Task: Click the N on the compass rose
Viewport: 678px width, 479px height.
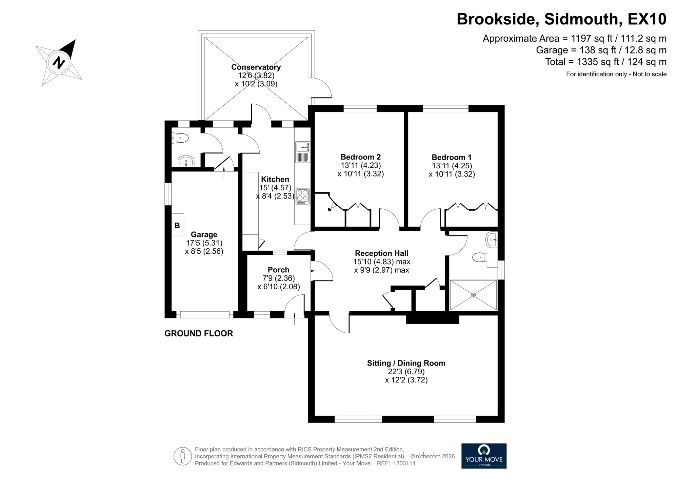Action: click(x=59, y=63)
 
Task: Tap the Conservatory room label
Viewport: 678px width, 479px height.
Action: click(x=256, y=67)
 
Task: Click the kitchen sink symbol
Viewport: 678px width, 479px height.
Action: click(x=302, y=147)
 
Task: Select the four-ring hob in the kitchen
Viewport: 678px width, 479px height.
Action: click(x=302, y=196)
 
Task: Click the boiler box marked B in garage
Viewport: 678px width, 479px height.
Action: click(x=177, y=225)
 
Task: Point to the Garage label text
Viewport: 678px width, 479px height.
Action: click(x=204, y=234)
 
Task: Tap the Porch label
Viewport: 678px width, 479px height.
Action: click(x=278, y=270)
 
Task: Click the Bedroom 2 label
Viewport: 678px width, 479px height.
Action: click(x=360, y=157)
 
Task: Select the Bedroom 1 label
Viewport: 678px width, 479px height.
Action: click(x=451, y=157)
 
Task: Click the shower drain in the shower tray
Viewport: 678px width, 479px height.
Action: click(x=473, y=295)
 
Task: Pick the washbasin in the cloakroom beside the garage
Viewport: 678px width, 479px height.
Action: click(x=186, y=161)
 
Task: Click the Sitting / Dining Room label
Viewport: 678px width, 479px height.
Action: click(x=406, y=363)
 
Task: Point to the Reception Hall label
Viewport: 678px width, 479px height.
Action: click(x=381, y=253)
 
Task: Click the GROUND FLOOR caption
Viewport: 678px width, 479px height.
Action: click(x=199, y=333)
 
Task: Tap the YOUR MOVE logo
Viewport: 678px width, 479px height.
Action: click(x=484, y=456)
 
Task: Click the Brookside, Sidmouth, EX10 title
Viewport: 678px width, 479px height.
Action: click(x=561, y=19)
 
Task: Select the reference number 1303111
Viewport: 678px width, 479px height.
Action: click(x=404, y=463)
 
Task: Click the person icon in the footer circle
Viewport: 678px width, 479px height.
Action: click(x=183, y=456)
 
